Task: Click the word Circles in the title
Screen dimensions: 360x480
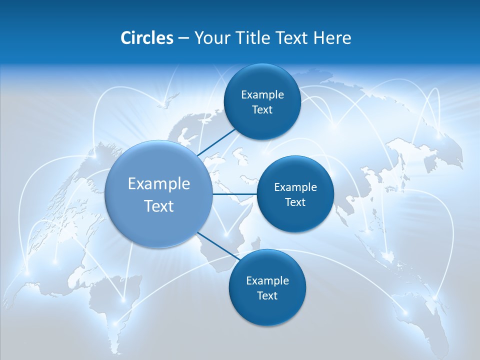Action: pos(146,38)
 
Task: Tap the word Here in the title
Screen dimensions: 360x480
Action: pos(332,38)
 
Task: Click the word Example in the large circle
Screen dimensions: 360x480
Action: pos(158,184)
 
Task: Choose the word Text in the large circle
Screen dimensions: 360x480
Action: pos(158,206)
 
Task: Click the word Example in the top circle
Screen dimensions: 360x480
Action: pos(262,94)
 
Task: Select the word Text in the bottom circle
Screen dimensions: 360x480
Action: pos(267,295)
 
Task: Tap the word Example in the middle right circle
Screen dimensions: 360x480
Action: pos(295,187)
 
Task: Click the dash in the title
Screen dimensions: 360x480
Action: pos(183,38)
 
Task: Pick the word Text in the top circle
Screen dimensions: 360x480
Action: pos(262,109)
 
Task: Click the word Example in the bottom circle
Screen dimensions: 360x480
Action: pos(267,280)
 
